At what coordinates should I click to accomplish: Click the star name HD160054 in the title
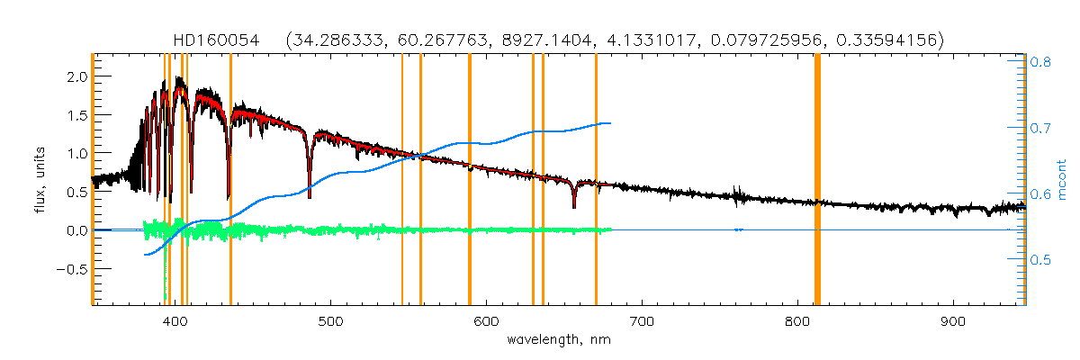pyautogui.click(x=216, y=40)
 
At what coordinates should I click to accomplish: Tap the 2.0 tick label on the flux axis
pyautogui.click(x=76, y=77)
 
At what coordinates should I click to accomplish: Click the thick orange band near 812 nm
pyautogui.click(x=817, y=180)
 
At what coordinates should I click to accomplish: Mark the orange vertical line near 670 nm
pyautogui.click(x=596, y=180)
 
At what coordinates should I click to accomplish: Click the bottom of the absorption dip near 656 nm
pyautogui.click(x=574, y=206)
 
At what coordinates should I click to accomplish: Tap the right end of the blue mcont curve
pyautogui.click(x=610, y=123)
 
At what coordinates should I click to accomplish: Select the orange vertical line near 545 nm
pyautogui.click(x=401, y=180)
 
